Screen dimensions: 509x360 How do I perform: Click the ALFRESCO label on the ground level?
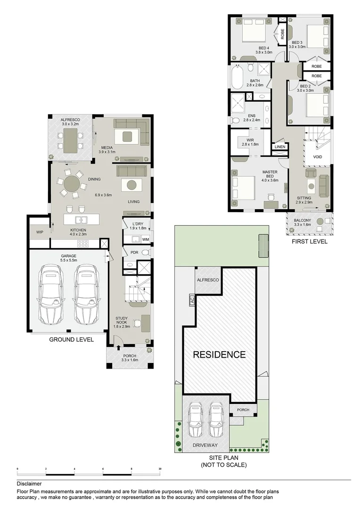70,120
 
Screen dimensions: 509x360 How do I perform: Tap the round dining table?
72,183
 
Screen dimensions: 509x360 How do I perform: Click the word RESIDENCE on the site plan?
219,354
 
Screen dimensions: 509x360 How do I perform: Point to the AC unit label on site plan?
192,300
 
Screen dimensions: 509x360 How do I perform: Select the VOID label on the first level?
318,156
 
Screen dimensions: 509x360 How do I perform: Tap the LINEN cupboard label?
279,148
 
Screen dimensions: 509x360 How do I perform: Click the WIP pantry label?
39,232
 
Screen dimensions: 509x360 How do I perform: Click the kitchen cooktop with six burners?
83,244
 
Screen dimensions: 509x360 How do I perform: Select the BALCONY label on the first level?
302,221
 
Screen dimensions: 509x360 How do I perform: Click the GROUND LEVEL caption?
71,339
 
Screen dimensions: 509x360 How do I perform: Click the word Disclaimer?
29,484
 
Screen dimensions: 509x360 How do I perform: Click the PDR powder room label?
134,253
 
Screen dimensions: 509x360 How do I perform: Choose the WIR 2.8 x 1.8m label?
250,142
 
